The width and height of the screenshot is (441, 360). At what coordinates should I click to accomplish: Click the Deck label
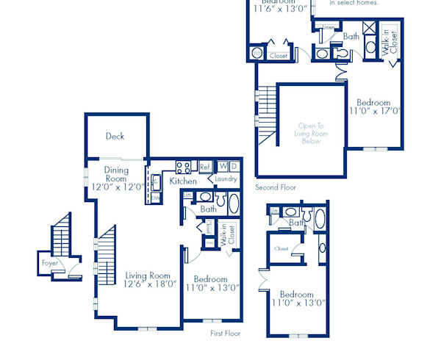pos(115,136)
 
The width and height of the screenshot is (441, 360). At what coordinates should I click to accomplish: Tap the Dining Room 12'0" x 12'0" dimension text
pos(116,187)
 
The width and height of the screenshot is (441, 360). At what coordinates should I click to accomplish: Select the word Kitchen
pos(183,181)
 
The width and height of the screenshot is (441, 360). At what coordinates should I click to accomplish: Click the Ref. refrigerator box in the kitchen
pos(205,167)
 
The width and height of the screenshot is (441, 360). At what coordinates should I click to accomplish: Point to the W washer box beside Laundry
pos(222,167)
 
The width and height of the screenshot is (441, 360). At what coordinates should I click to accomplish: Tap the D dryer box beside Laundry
pos(234,167)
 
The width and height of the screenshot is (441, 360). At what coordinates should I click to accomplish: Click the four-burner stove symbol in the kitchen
pos(183,167)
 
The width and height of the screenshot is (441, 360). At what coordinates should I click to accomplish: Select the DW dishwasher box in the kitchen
pos(156,197)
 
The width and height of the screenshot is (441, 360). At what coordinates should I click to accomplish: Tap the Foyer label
pos(49,263)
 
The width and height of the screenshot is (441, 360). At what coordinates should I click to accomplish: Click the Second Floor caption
pos(276,187)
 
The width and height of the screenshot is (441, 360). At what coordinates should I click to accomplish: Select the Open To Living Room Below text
pos(312,133)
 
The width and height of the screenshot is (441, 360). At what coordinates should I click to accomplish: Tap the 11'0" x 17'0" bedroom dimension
pos(374,112)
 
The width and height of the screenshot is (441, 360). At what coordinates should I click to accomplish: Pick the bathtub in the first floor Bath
pos(234,204)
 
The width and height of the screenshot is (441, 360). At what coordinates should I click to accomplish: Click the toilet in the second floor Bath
pos(340,53)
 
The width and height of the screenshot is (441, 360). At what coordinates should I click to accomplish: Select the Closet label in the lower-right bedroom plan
pos(281,249)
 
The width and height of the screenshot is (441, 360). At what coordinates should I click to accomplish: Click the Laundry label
pos(226,179)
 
